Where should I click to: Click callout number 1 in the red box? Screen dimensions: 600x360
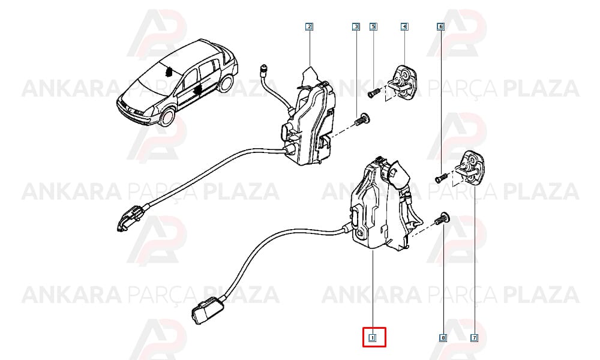371,338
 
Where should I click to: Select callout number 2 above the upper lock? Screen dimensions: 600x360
309,27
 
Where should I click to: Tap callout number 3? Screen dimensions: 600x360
356,27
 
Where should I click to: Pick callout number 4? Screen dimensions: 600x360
404,27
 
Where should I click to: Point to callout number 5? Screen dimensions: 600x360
373,27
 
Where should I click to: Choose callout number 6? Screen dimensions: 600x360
440,27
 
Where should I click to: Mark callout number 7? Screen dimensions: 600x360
475,338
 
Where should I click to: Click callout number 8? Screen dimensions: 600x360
443,338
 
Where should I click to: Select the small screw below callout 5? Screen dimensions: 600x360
373,92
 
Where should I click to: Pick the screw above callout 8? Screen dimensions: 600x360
442,218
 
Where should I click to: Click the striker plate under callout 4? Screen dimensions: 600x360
404,83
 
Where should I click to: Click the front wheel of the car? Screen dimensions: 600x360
167,117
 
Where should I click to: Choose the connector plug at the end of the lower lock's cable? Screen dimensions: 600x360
206,310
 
